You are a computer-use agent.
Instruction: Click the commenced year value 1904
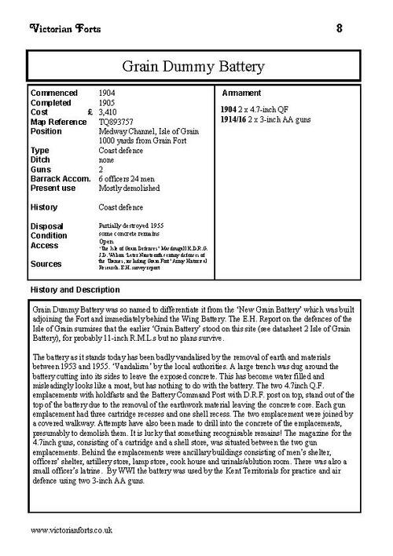pyautogui.click(x=110, y=93)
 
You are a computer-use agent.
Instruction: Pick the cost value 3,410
pyautogui.click(x=113, y=112)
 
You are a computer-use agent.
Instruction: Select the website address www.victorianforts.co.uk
pyautogui.click(x=72, y=531)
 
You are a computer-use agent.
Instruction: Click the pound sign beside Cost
pyautogui.click(x=91, y=112)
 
